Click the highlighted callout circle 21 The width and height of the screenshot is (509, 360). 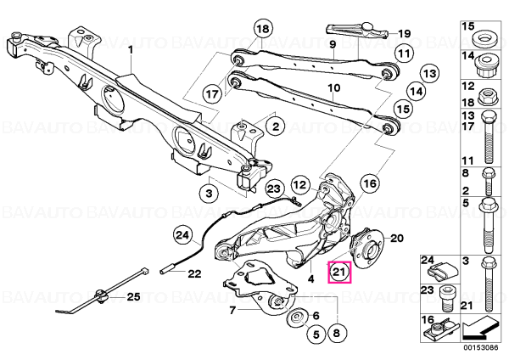(x=339, y=273)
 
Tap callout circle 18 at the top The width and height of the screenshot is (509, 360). (x=263, y=29)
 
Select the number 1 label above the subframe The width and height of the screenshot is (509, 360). (x=131, y=50)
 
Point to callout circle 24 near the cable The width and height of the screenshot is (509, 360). (x=182, y=235)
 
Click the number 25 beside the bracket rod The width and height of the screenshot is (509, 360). (x=133, y=296)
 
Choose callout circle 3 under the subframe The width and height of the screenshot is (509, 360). (x=209, y=194)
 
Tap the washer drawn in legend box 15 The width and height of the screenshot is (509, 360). (x=481, y=39)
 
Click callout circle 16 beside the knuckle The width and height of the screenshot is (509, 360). (x=370, y=184)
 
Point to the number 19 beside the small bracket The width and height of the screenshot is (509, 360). (x=404, y=33)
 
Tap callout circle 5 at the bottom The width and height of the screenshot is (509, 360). (x=316, y=335)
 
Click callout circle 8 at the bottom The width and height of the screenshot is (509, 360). (x=336, y=333)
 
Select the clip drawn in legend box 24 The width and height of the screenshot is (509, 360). (x=443, y=273)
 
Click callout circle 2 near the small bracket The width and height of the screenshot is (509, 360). (x=276, y=126)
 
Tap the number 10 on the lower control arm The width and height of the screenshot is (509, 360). (x=334, y=87)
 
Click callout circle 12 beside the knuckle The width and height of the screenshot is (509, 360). (x=299, y=185)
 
